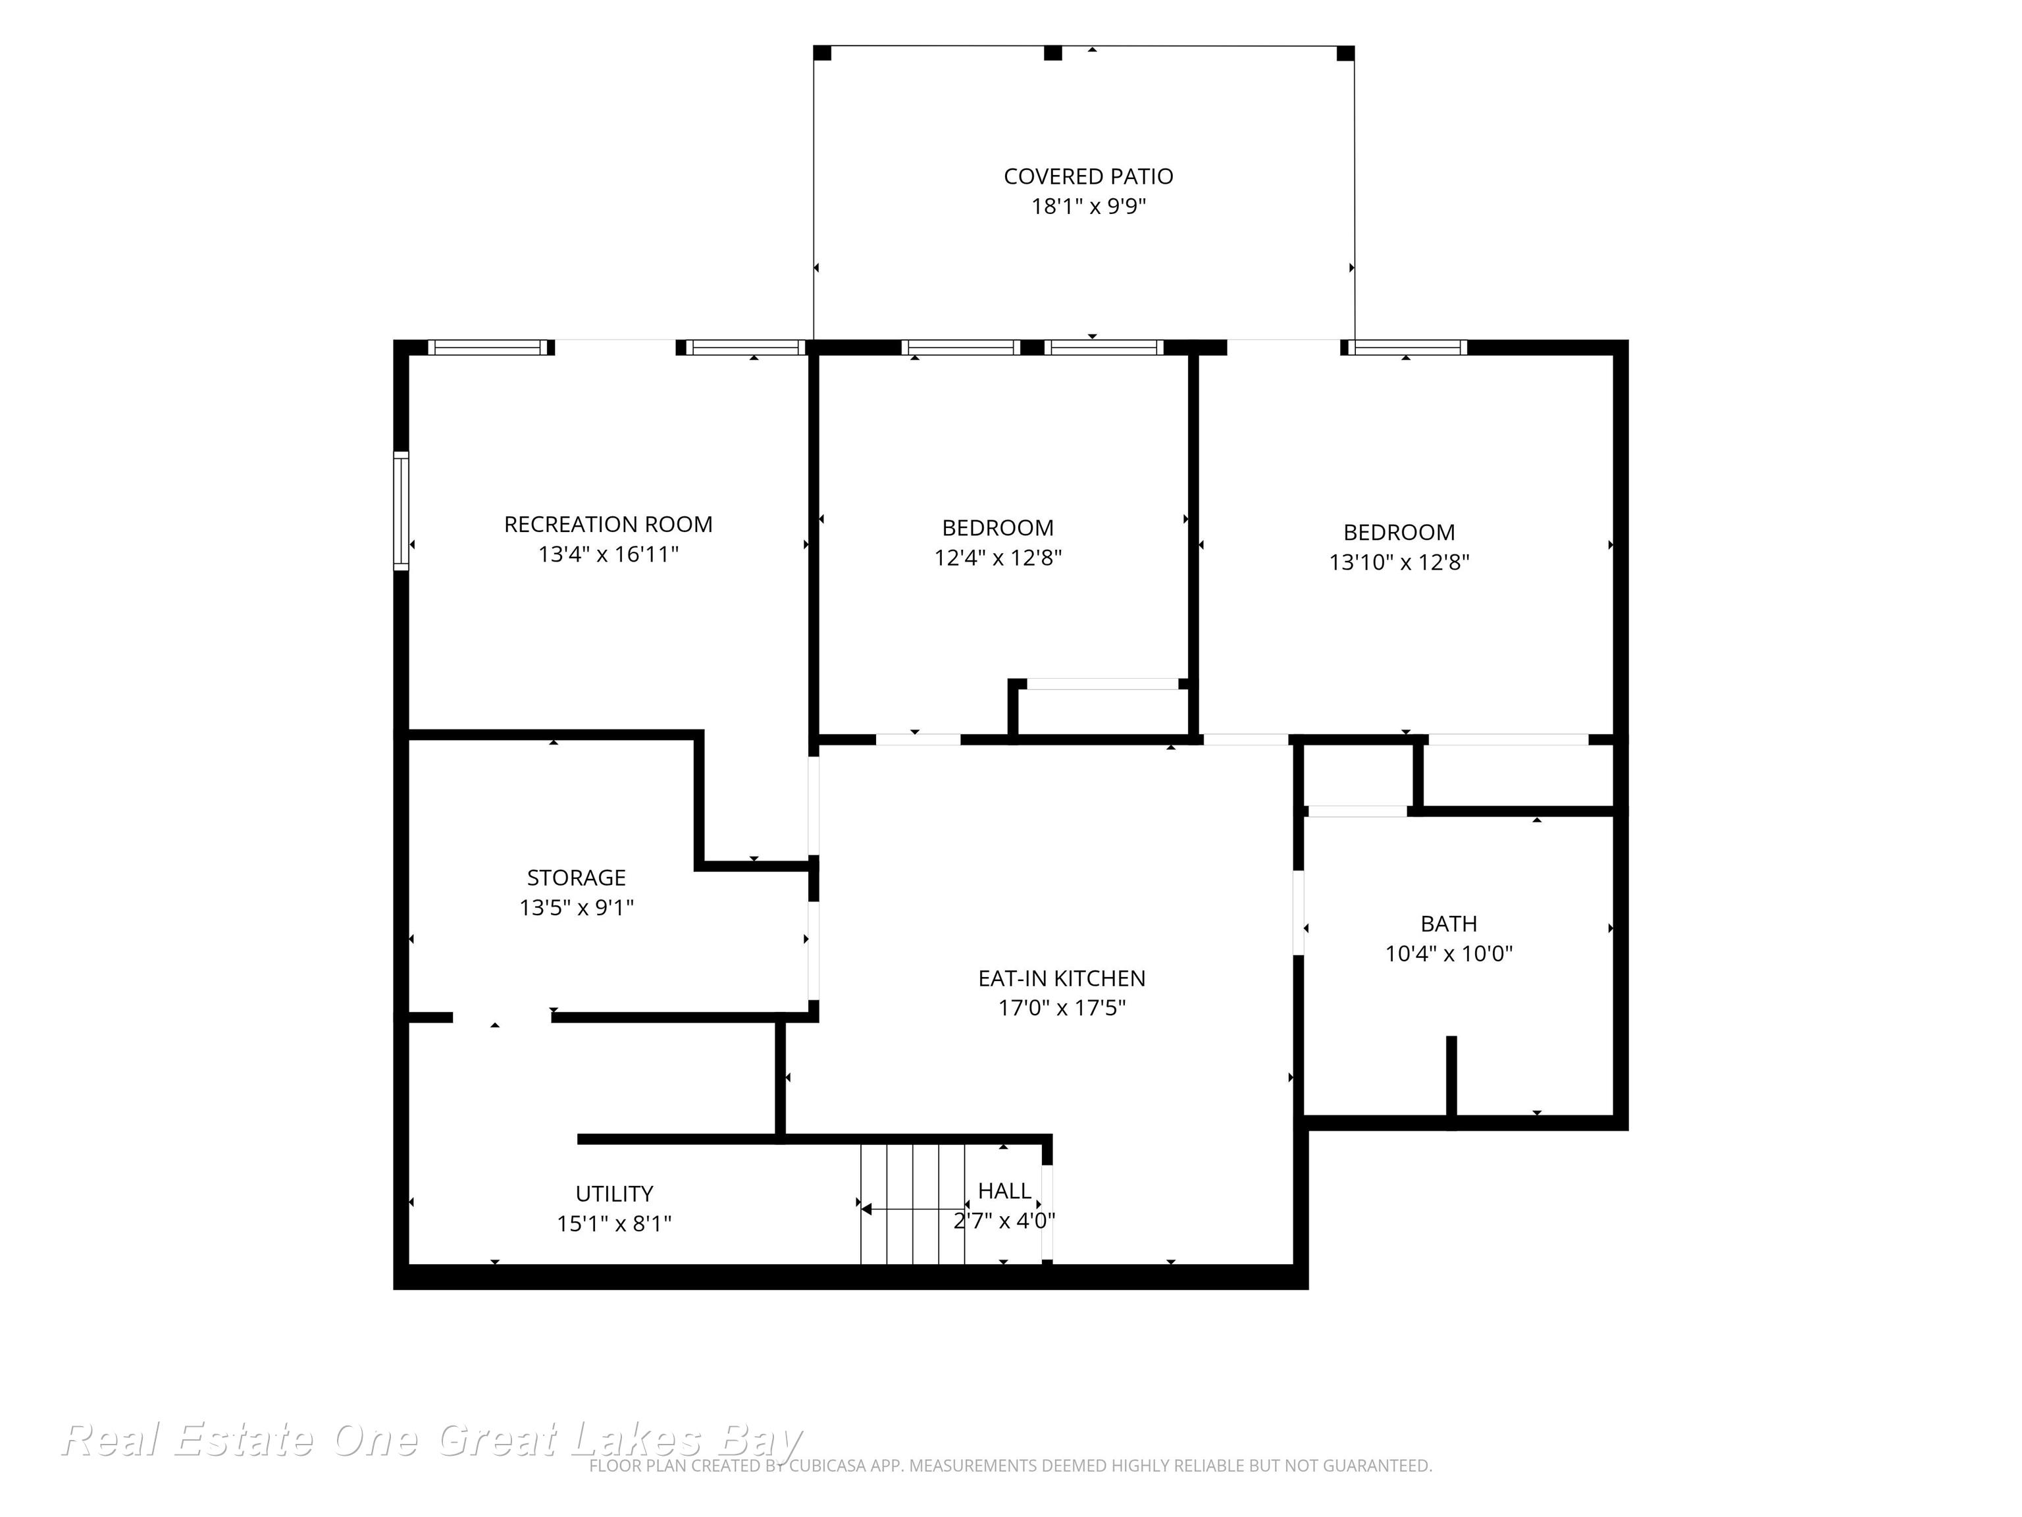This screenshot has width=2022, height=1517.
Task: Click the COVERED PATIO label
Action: point(1088,176)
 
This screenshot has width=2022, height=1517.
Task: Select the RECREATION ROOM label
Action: point(608,525)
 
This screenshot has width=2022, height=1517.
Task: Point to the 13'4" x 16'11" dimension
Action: point(608,554)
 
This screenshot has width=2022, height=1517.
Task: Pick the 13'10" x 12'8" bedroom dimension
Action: point(1399,562)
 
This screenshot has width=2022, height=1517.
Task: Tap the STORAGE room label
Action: point(576,878)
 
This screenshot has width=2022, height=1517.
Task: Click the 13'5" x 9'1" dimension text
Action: point(576,908)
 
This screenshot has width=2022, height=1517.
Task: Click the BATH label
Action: point(1448,924)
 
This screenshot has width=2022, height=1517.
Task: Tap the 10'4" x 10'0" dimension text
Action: point(1448,954)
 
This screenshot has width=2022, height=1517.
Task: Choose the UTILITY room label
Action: point(614,1193)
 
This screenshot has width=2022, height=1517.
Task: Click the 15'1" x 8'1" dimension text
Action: point(614,1223)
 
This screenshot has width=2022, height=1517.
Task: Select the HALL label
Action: point(1004,1190)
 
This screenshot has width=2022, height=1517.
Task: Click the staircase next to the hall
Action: point(912,1204)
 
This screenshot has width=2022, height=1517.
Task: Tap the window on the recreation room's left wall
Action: point(402,510)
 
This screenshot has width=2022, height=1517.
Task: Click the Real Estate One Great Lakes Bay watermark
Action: point(432,1440)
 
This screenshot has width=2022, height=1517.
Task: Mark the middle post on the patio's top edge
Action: point(1053,53)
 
